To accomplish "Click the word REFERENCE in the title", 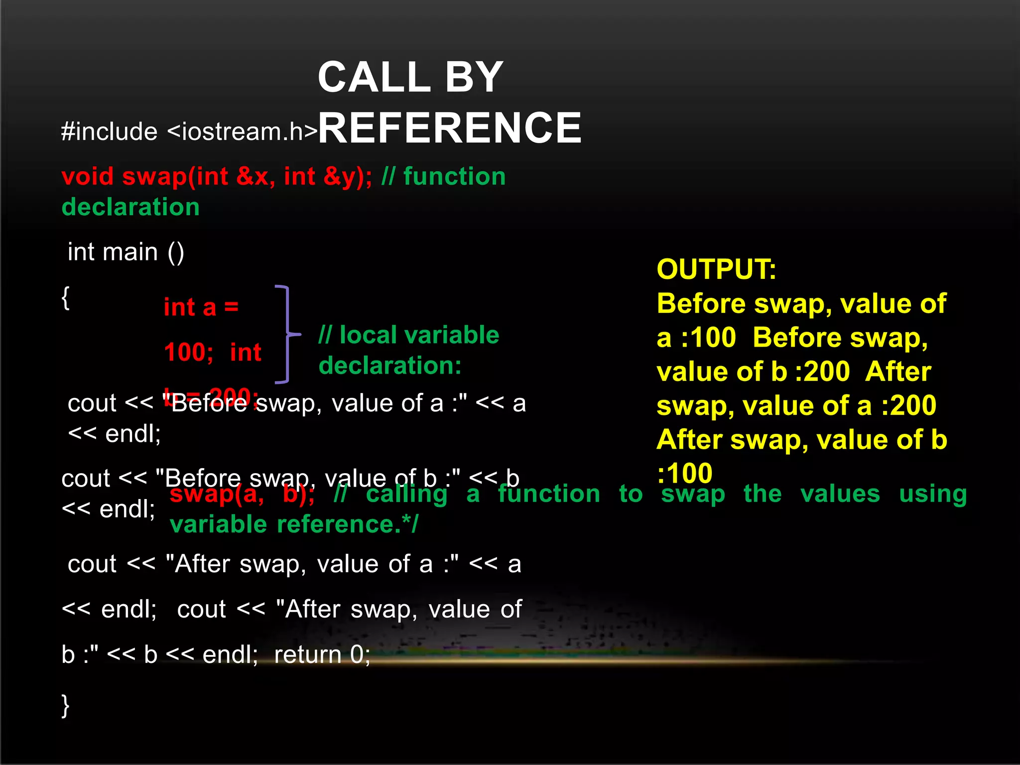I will pyautogui.click(x=450, y=128).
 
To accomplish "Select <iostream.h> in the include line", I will pyautogui.click(x=242, y=132).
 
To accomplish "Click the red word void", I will pyautogui.click(x=88, y=177).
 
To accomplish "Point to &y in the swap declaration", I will pyautogui.click(x=344, y=177).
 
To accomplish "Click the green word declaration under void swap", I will pyautogui.click(x=130, y=207).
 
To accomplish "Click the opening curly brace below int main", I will pyautogui.click(x=65, y=298).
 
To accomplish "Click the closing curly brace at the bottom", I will pyautogui.click(x=65, y=705).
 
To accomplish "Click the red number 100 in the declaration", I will pyautogui.click(x=188, y=353).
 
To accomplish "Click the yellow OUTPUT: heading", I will pyautogui.click(x=716, y=269).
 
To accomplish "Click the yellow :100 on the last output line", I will pyautogui.click(x=685, y=473).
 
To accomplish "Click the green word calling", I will pyautogui.click(x=406, y=494).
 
